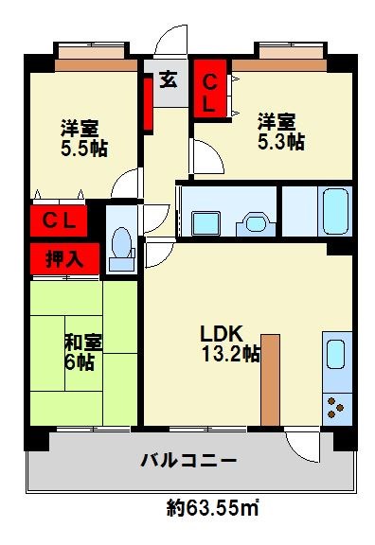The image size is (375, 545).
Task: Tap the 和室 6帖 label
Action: click(83, 351)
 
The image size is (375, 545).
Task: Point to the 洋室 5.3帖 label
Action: click(280, 132)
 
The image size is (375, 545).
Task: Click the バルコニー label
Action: click(188, 462)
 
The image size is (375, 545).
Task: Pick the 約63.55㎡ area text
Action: click(213, 509)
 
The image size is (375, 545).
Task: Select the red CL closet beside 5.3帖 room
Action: click(210, 89)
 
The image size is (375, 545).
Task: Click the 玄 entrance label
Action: click(168, 79)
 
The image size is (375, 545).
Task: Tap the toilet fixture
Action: click(120, 249)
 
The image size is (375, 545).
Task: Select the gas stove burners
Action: click(336, 407)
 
